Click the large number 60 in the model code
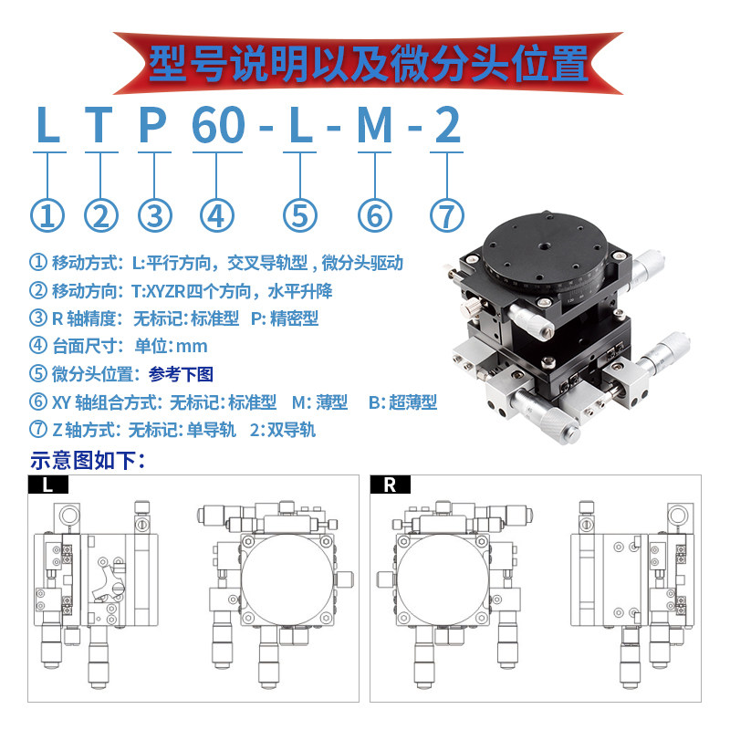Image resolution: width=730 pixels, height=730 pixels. [x=218, y=125]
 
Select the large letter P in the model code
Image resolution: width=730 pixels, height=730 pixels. [x=152, y=125]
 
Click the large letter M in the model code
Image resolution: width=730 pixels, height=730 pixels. [x=375, y=125]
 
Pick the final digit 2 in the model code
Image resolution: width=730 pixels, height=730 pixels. [x=448, y=125]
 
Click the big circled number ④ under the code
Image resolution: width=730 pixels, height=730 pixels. [x=217, y=215]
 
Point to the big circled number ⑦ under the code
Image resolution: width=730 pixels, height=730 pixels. [x=447, y=215]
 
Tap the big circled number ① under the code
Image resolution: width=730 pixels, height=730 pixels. [x=47, y=215]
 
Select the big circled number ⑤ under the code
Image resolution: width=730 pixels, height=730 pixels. [x=300, y=215]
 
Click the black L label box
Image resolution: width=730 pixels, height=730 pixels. [x=48, y=485]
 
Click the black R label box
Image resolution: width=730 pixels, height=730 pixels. [x=391, y=485]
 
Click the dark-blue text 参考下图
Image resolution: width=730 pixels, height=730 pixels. [x=181, y=374]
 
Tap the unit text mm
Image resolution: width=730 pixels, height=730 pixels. [x=192, y=347]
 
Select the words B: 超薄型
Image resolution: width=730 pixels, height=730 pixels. [x=402, y=402]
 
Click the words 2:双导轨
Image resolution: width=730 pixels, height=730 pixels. [x=283, y=430]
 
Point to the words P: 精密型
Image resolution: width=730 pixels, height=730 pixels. [x=285, y=318]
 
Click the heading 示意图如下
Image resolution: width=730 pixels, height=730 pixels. [x=89, y=461]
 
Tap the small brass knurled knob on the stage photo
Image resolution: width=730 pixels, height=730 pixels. [x=471, y=307]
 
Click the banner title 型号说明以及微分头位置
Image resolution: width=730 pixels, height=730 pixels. [x=369, y=64]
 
